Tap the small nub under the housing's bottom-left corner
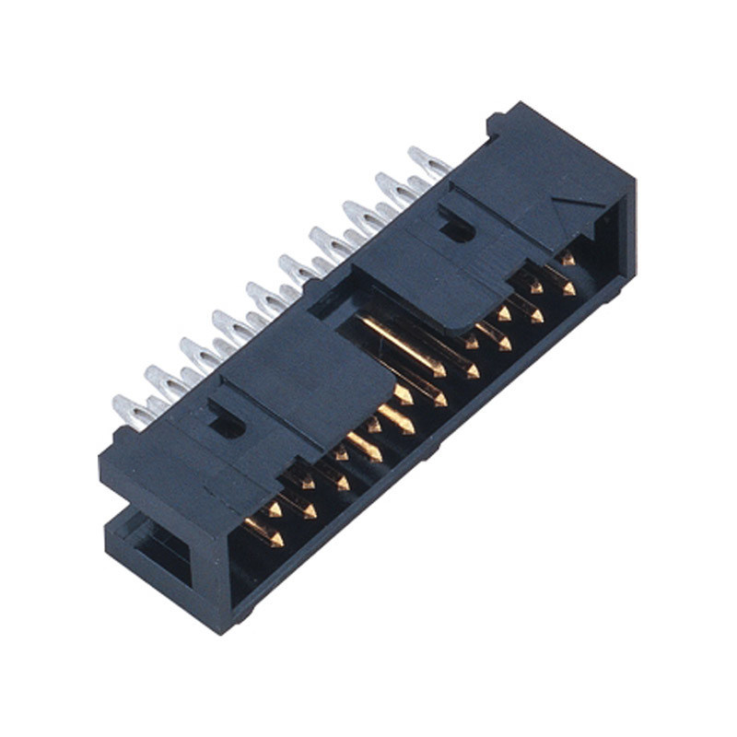241,615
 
